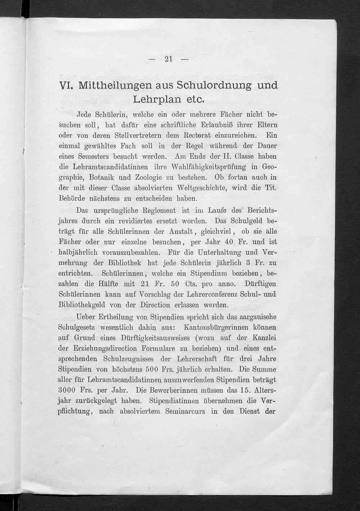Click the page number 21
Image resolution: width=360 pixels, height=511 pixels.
click(x=168, y=59)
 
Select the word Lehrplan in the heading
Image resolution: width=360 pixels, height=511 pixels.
click(x=156, y=99)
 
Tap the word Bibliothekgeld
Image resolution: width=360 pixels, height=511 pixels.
click(x=82, y=305)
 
